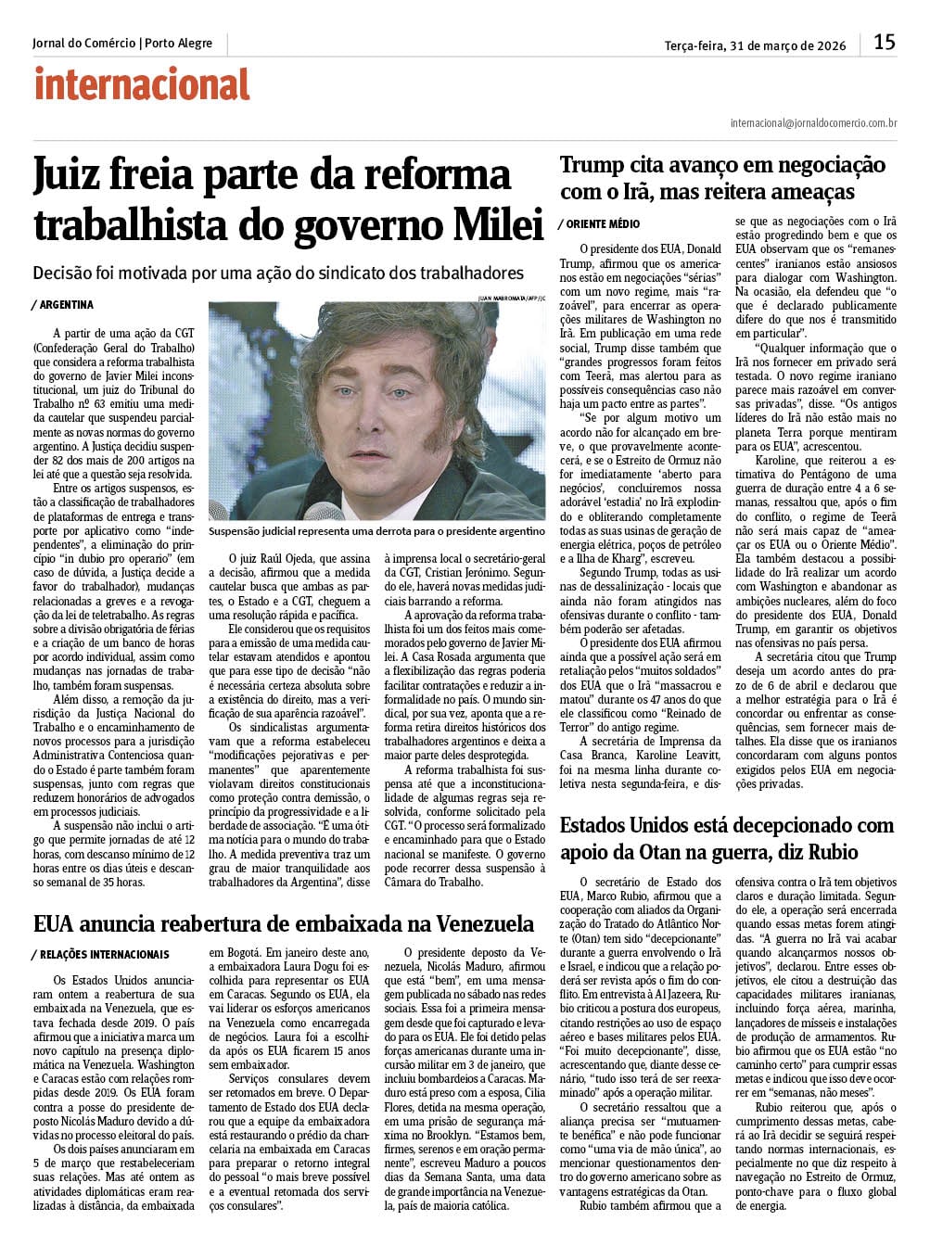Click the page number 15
tap(885, 42)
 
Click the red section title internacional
tap(142, 84)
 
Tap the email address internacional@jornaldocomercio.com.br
tap(813, 122)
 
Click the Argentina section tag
tap(62, 305)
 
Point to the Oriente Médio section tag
tap(600, 224)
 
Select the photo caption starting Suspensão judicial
tap(376, 532)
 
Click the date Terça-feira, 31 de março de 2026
tap(755, 45)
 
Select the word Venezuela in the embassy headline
tap(469, 923)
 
